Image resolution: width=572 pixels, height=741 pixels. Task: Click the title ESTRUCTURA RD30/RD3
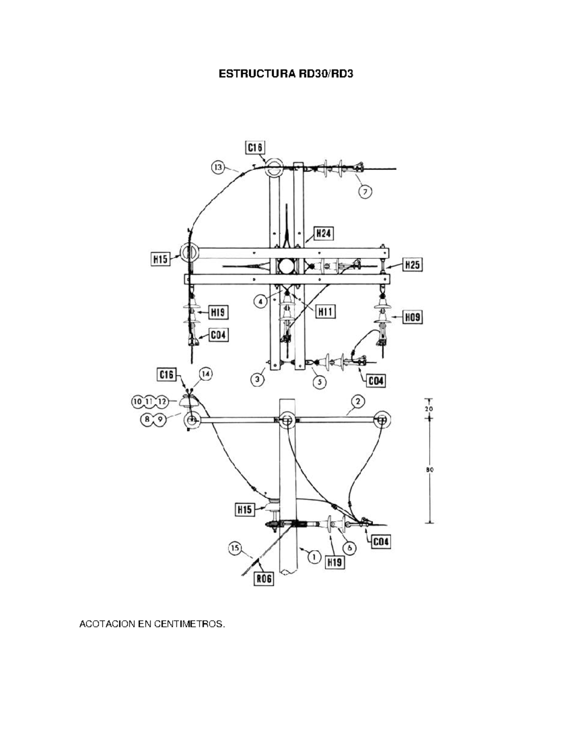pyautogui.click(x=286, y=74)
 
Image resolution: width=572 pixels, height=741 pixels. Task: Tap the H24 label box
pyautogui.click(x=323, y=233)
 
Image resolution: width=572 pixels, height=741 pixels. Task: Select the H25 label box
pyautogui.click(x=412, y=264)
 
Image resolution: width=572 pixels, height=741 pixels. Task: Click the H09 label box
pyautogui.click(x=412, y=317)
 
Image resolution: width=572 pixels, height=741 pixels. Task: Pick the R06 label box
pyautogui.click(x=263, y=578)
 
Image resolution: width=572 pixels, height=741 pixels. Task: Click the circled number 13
pyautogui.click(x=218, y=167)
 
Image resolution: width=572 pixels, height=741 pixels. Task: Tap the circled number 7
pyautogui.click(x=365, y=191)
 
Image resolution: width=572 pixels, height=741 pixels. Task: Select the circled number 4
pyautogui.click(x=260, y=302)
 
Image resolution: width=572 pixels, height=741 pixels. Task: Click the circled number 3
pyautogui.click(x=258, y=379)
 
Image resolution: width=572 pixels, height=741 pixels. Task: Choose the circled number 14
pyautogui.click(x=205, y=375)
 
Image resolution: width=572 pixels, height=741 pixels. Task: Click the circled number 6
pyautogui.click(x=349, y=548)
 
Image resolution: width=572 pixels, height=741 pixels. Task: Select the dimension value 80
pyautogui.click(x=429, y=470)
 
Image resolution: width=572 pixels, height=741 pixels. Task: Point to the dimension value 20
pyautogui.click(x=429, y=409)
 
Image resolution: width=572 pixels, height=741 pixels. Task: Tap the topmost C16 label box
pyautogui.click(x=255, y=147)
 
